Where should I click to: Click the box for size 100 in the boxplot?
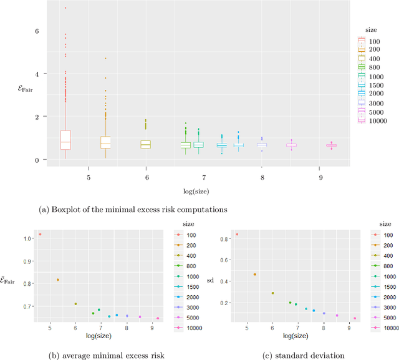65,140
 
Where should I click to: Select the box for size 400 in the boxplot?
145,144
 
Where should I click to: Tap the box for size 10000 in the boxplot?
331,146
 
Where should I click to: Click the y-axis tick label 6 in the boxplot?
37,31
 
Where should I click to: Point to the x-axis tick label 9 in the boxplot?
320,169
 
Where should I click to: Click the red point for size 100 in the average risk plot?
40,235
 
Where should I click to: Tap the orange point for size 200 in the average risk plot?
58,280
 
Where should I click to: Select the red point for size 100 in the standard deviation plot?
237,235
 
